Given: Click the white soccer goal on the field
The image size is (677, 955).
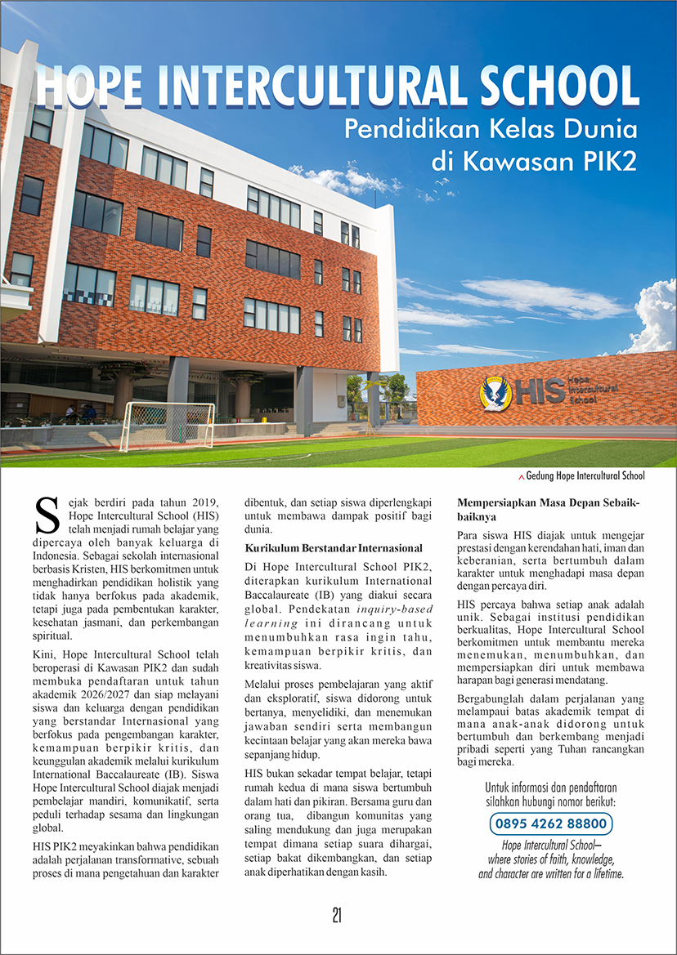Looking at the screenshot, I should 167,426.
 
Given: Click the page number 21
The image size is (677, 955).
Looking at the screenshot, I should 338,916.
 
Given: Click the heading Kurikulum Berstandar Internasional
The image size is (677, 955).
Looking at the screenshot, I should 334,547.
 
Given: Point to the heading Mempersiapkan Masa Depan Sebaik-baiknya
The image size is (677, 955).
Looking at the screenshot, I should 549,508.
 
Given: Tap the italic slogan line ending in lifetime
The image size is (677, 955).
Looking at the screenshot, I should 551,873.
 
